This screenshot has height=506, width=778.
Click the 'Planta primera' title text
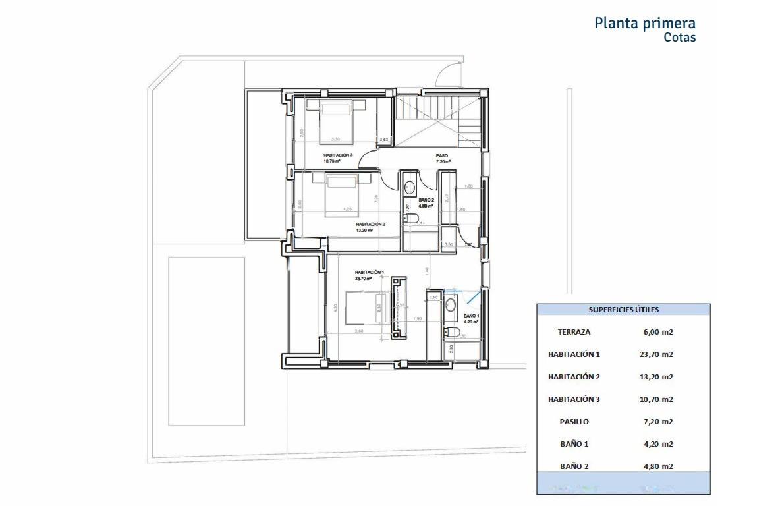(644, 23)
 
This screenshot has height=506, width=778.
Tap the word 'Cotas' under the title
(679, 38)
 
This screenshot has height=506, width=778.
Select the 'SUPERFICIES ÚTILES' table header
(623, 310)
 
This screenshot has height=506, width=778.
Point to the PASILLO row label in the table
(573, 422)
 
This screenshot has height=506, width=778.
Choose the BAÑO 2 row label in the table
(574, 466)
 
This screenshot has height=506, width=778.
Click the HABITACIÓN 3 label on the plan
(338, 155)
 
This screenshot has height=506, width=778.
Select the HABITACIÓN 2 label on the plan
(370, 224)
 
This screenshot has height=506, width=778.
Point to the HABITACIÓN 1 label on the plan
(369, 272)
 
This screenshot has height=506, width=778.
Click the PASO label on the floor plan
(441, 156)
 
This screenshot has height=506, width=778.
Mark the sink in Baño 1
(451, 304)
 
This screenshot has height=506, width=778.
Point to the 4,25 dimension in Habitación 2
(347, 210)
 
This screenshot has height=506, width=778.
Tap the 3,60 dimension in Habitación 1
(359, 331)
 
